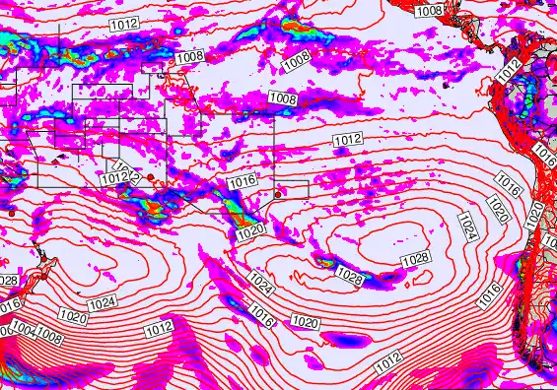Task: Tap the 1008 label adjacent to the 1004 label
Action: click(49, 339)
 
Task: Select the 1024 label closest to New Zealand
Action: click(100, 305)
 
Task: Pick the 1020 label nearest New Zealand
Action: click(71, 317)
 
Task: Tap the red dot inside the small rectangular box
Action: click(278, 193)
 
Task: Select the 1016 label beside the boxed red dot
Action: click(242, 182)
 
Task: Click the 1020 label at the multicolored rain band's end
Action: click(250, 229)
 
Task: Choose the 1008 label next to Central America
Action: click(428, 11)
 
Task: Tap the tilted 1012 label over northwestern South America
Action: click(507, 71)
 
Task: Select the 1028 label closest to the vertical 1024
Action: click(416, 258)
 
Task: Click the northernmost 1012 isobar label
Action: click(124, 22)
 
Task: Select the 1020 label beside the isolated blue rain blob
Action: click(306, 322)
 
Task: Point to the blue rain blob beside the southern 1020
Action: click(348, 340)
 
